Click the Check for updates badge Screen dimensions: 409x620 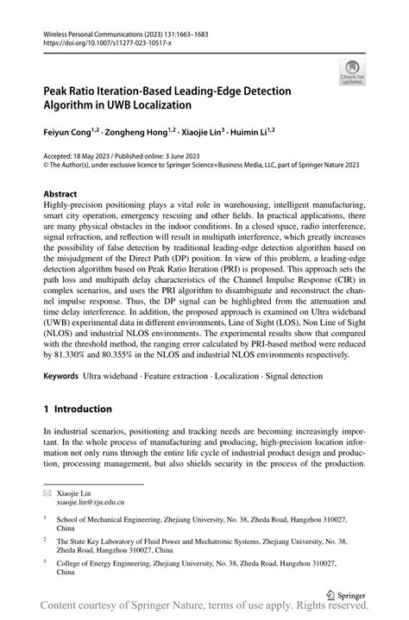pos(352,72)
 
